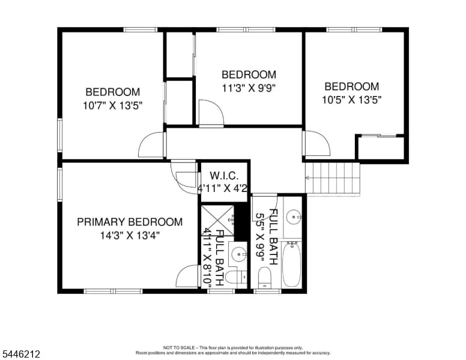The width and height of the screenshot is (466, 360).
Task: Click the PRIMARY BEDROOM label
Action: [130, 222]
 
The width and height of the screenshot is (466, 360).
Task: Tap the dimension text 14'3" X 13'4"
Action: [130, 236]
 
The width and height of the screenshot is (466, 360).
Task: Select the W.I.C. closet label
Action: [224, 176]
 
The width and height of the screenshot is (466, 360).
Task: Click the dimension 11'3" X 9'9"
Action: [249, 88]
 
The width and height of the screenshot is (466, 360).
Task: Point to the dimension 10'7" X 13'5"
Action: [113, 106]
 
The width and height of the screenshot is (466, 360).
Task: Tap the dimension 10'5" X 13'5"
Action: [352, 100]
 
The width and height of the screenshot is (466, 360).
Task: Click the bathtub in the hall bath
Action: [291, 265]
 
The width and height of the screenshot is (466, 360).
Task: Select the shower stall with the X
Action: [217, 220]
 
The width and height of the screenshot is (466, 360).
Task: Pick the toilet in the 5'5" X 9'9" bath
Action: [264, 277]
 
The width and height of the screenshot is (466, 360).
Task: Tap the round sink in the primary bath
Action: [239, 254]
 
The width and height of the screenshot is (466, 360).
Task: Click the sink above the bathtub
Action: [294, 217]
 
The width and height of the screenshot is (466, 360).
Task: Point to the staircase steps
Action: [333, 178]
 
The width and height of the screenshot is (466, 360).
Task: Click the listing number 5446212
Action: [21, 354]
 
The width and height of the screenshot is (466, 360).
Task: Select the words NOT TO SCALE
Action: [179, 347]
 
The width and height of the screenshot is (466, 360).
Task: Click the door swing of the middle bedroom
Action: [211, 113]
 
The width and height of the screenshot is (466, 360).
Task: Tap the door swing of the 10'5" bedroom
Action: [318, 143]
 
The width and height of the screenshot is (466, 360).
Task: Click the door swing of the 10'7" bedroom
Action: [151, 145]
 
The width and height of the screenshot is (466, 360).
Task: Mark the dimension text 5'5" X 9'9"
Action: [261, 238]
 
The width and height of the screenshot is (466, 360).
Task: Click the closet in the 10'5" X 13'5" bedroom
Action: [381, 148]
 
